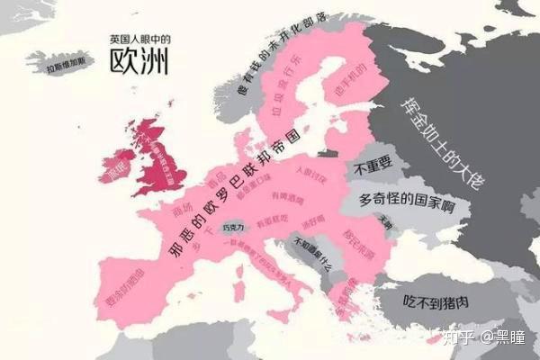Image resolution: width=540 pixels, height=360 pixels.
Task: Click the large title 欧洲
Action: click(140, 61)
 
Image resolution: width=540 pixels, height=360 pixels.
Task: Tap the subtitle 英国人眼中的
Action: click(139, 40)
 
